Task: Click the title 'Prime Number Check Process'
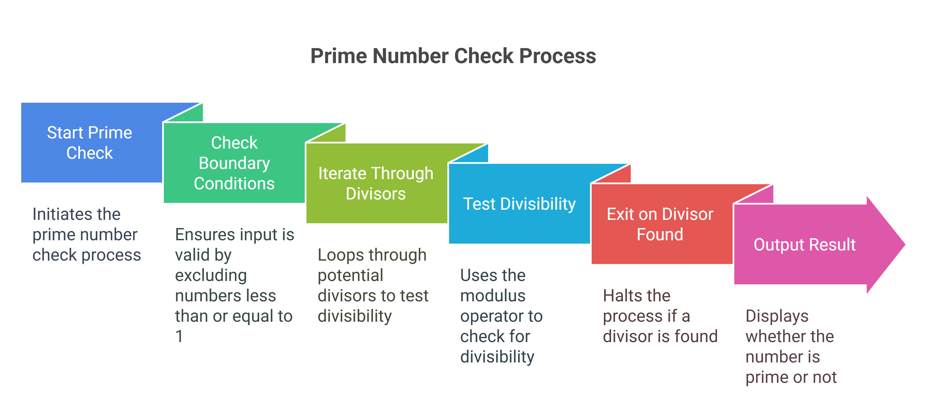(453, 56)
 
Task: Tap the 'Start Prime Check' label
(90, 142)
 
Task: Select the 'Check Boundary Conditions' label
(234, 163)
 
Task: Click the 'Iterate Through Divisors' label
(376, 183)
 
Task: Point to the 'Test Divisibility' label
(519, 204)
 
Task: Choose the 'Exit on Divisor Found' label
(660, 224)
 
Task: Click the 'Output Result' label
(805, 245)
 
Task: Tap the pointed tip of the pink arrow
(905, 245)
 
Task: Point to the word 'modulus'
(493, 296)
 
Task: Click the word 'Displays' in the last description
(777, 317)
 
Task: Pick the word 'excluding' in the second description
(211, 276)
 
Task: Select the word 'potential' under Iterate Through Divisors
(351, 276)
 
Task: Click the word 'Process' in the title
(558, 56)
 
